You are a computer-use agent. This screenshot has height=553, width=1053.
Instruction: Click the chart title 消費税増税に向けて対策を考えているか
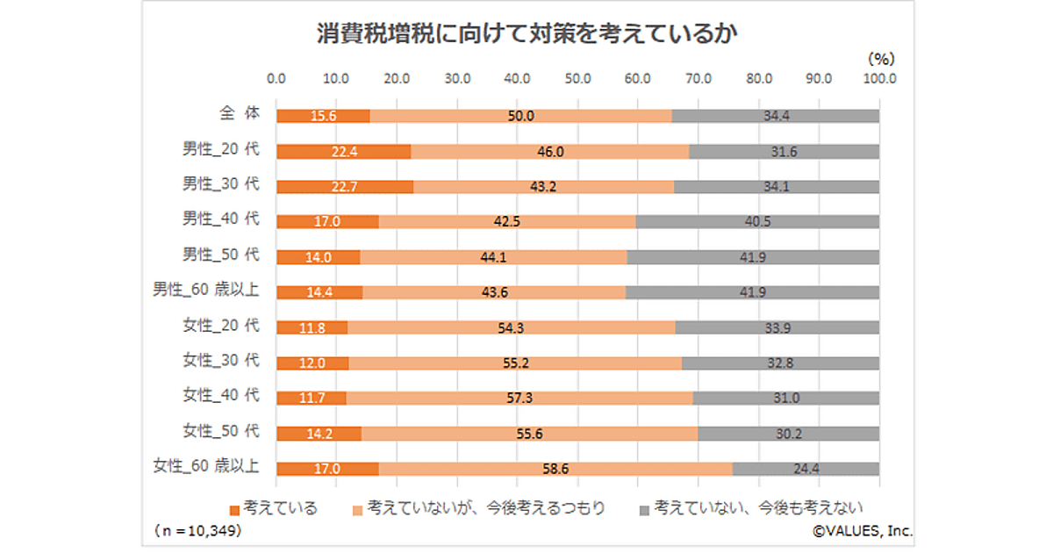tap(526, 34)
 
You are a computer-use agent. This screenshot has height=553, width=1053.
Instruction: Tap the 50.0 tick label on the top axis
tap(577, 78)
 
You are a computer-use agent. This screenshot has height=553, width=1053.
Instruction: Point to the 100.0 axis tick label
tap(879, 78)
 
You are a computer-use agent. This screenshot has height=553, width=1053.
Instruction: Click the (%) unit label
tap(880, 59)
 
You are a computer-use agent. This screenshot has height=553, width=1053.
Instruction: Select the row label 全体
tap(240, 113)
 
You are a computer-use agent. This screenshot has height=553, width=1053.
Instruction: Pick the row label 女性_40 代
tap(221, 395)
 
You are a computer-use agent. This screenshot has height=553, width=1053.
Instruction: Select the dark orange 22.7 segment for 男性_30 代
tap(345, 187)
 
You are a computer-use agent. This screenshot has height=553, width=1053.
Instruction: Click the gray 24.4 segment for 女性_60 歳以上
tap(806, 469)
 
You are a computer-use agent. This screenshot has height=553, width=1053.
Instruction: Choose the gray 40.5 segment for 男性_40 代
tap(757, 222)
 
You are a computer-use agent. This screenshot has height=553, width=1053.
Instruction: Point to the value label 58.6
tap(555, 469)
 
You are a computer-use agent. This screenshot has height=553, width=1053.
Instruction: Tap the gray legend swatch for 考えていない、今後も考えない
tap(644, 508)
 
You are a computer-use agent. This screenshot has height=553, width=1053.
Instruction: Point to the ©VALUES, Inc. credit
tap(862, 530)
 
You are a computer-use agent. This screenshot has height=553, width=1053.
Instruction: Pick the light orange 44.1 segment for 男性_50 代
tap(493, 257)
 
